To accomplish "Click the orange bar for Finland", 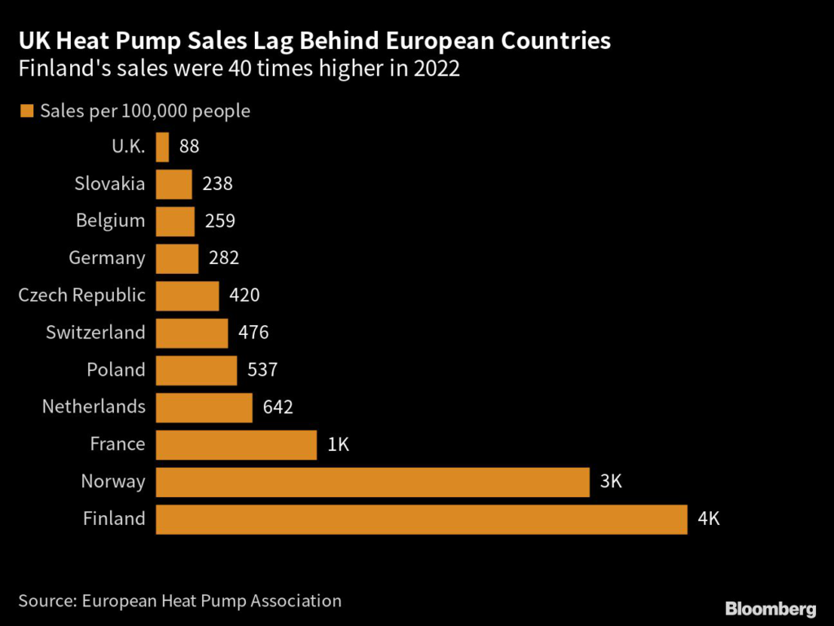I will coord(421,519).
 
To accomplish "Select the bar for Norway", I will coord(372,482).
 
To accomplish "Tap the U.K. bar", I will coord(162,148).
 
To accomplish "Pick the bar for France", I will coord(235,445).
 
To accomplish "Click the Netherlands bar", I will coord(204,408).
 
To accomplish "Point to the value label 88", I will coord(189,148).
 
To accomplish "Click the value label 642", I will coord(278,408).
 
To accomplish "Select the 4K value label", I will coord(709,519).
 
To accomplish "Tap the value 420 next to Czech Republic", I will coord(244,296).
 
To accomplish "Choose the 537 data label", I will coord(261,370).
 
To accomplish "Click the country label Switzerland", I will coord(96,333).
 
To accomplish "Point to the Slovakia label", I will coord(110,184).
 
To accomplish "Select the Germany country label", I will coord(108,259).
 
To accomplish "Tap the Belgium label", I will coord(111,221).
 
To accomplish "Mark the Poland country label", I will coord(116,370).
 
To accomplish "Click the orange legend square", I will coord(26,112).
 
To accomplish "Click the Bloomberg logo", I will coord(770,609).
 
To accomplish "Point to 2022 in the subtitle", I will coord(437,69).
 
